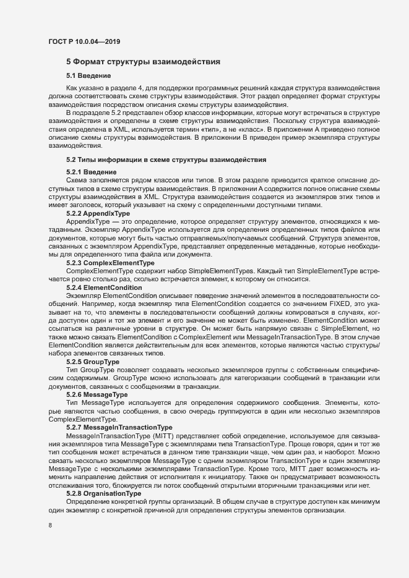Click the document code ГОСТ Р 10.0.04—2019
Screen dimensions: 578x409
tap(84, 41)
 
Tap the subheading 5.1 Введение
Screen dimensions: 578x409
tap(88, 76)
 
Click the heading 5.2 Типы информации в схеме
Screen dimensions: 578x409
tap(166, 159)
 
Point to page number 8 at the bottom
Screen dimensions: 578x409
tap(50, 526)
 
